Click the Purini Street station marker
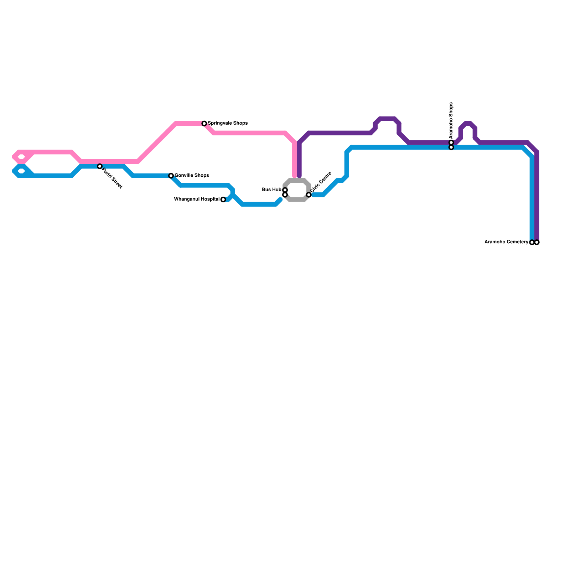point(100,166)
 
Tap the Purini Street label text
point(112,178)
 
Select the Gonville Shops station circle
point(171,176)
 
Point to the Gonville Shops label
point(192,176)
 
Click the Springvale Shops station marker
point(204,124)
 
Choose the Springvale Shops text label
point(228,123)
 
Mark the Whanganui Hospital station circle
point(223,199)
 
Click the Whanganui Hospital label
point(197,199)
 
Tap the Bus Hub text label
point(271,190)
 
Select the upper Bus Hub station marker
point(285,190)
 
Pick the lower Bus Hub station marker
point(285,195)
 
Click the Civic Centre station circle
point(309,195)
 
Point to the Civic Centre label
point(321,182)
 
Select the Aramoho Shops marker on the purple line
point(451,142)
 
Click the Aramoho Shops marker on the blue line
point(451,147)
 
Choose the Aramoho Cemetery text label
point(506,242)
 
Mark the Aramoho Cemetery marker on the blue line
point(532,242)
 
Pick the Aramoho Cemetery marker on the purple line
point(537,242)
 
